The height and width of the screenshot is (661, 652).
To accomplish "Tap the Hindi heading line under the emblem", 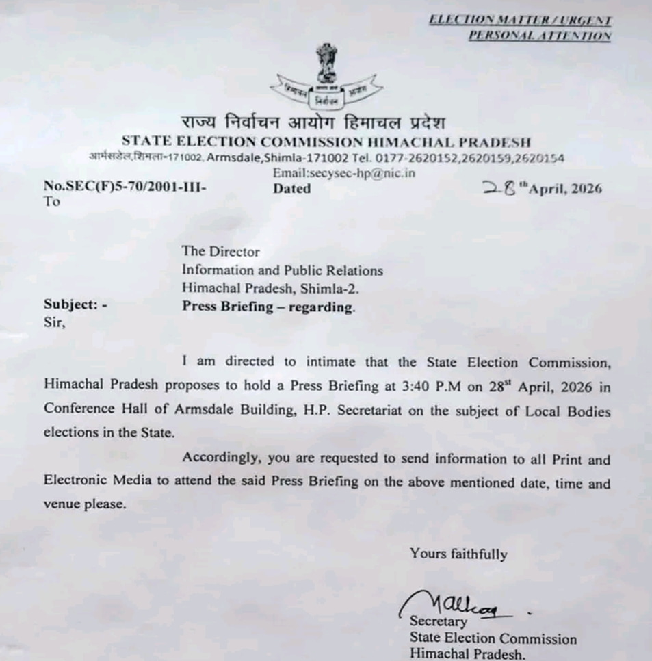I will pyautogui.click(x=313, y=124).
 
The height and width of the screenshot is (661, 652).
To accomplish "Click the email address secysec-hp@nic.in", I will pyautogui.click(x=343, y=173).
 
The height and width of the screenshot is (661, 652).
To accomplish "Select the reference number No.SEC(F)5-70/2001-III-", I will pyautogui.click(x=125, y=186).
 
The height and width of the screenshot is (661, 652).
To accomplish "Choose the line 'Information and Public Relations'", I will pyautogui.click(x=282, y=270).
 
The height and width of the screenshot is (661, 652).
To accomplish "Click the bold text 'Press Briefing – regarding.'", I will pyautogui.click(x=268, y=307).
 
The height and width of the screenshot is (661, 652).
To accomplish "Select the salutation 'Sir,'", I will pyautogui.click(x=55, y=324).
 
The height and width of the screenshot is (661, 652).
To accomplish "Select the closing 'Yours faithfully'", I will pyautogui.click(x=458, y=554).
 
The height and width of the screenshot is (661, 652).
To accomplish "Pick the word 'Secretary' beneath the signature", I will pyautogui.click(x=438, y=622).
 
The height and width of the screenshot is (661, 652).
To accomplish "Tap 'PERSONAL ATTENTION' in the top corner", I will pyautogui.click(x=539, y=36).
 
